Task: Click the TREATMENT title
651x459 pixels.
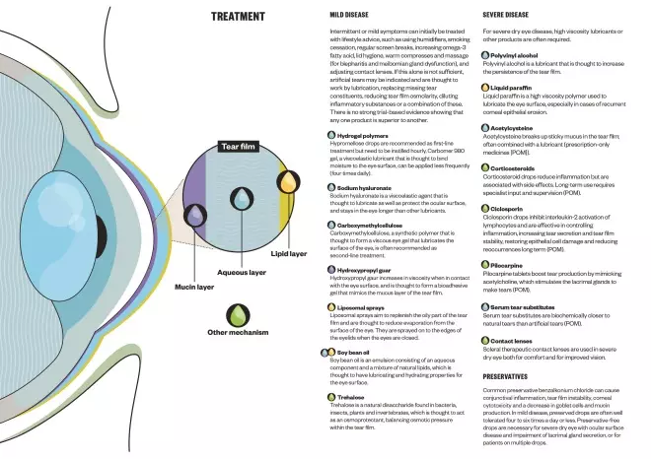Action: point(238,17)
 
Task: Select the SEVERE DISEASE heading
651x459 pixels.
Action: point(507,16)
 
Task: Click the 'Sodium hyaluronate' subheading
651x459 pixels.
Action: point(366,185)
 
